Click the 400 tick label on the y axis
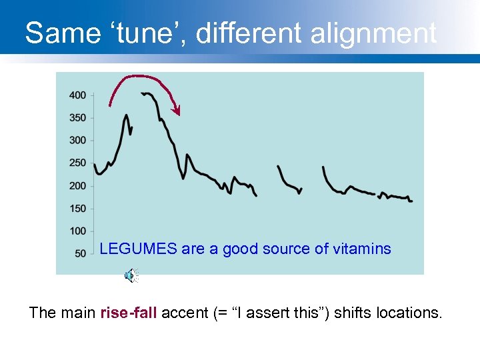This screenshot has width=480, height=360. click(77, 95)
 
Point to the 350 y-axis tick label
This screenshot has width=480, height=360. click(77, 118)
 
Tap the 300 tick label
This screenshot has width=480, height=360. click(77, 141)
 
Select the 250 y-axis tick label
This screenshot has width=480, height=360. click(77, 163)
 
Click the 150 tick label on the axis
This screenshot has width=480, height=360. click(77, 209)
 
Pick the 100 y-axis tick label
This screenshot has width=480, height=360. click(77, 231)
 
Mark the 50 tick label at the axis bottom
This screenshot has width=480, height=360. click(80, 254)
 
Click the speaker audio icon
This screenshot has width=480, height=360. click(131, 275)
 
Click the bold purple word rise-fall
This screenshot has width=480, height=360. click(129, 313)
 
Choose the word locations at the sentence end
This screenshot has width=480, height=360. click(410, 313)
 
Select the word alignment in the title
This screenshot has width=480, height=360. click(377, 32)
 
